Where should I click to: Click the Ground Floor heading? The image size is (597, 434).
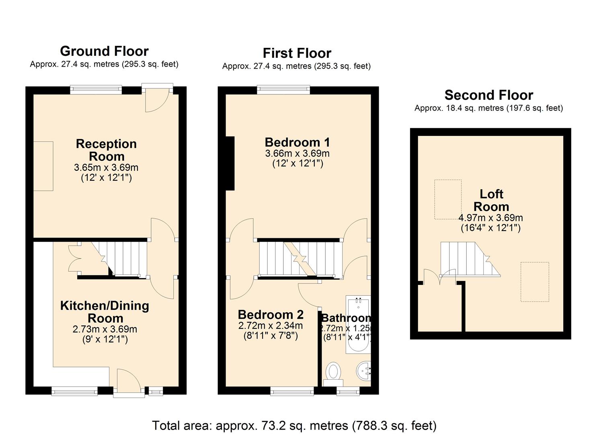(104, 51)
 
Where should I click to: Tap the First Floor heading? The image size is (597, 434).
(297, 53)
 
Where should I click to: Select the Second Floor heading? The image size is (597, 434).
(488, 95)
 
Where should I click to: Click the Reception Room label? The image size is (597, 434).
(106, 150)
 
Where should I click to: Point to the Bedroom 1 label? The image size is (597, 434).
(297, 142)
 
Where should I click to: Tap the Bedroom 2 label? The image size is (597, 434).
(271, 314)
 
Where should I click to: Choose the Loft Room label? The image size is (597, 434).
(491, 200)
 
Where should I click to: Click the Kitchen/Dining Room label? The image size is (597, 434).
(105, 311)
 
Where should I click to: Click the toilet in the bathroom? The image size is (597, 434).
(333, 373)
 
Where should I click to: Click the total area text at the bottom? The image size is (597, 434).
(294, 425)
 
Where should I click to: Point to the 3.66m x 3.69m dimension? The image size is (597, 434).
(297, 154)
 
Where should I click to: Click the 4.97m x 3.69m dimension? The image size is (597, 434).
(490, 218)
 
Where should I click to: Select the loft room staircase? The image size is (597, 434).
(468, 259)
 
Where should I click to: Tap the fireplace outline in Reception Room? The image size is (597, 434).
(43, 166)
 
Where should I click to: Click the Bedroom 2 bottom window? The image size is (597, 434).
(292, 391)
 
